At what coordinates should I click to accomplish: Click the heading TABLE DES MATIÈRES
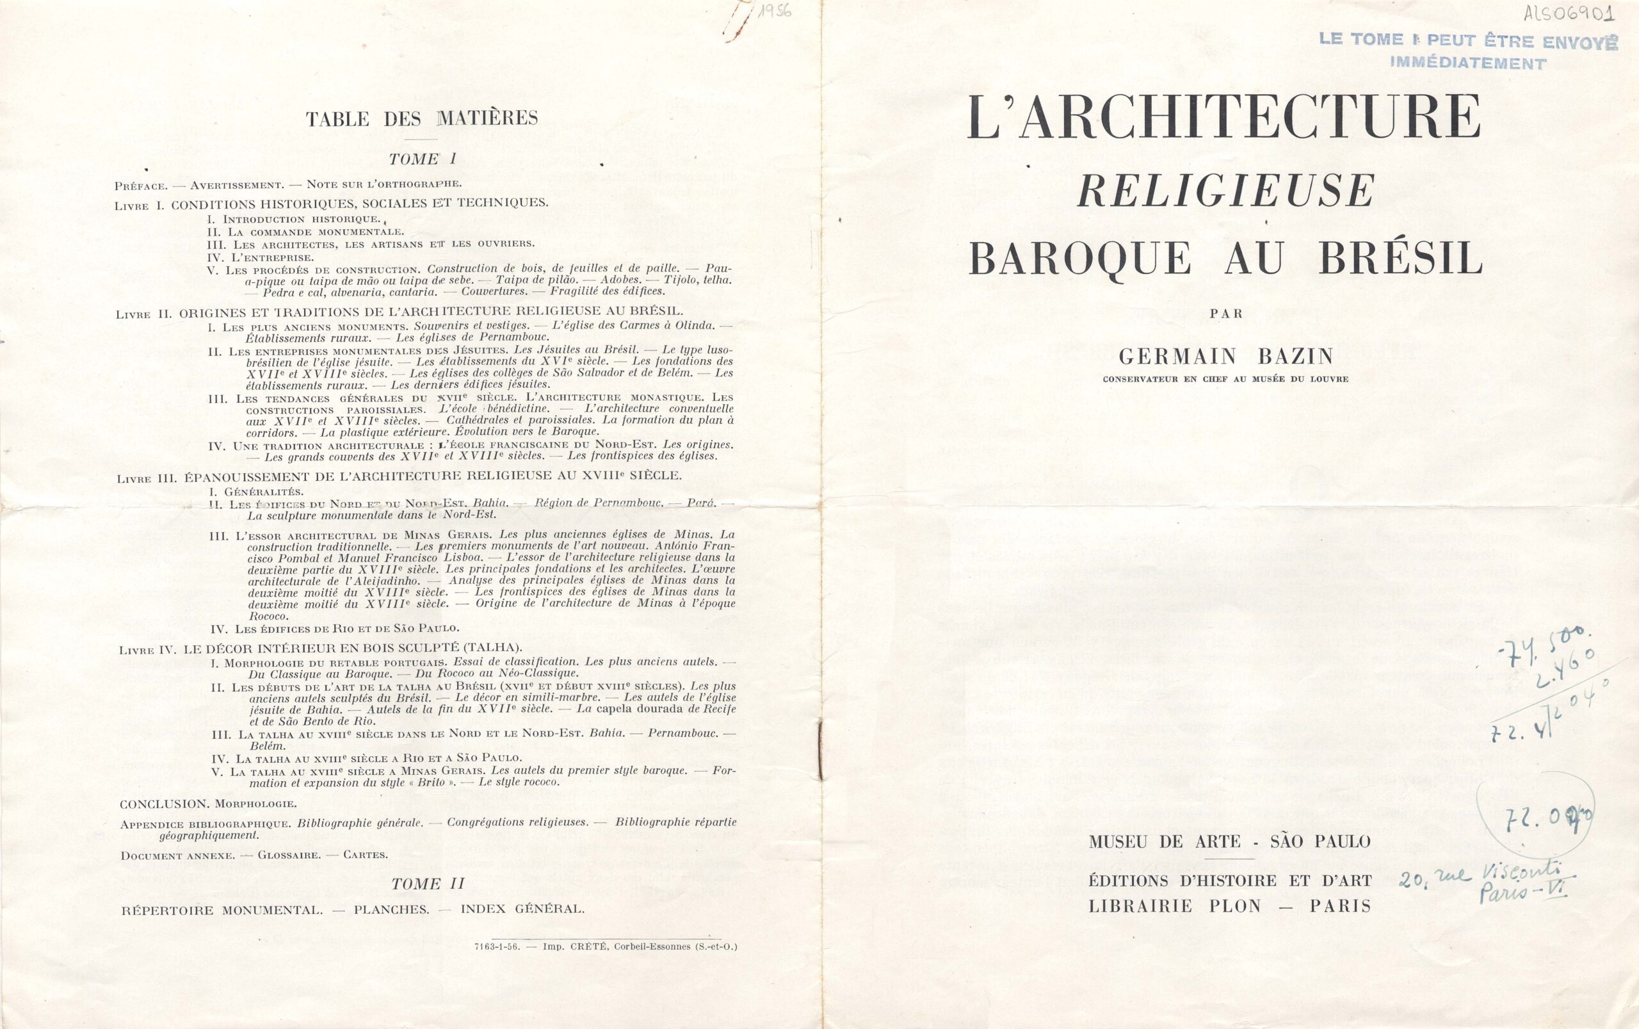(x=422, y=118)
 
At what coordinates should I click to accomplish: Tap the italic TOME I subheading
(x=423, y=159)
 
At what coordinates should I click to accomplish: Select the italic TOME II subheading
(x=428, y=884)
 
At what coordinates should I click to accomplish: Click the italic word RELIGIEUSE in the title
(x=1225, y=191)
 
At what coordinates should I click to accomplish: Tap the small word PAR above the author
(x=1226, y=314)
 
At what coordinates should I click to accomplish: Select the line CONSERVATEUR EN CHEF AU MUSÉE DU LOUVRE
(x=1225, y=379)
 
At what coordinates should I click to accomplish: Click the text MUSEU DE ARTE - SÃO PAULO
(x=1229, y=842)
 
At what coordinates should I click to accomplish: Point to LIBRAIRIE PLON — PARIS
(x=1229, y=906)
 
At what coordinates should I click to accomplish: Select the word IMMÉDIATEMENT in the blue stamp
(x=1467, y=63)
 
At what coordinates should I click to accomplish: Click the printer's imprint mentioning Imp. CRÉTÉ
(x=606, y=946)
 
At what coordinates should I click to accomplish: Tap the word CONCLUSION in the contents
(x=163, y=804)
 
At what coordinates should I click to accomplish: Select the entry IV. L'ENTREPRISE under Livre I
(x=261, y=257)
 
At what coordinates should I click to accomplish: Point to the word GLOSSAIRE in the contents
(x=289, y=855)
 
